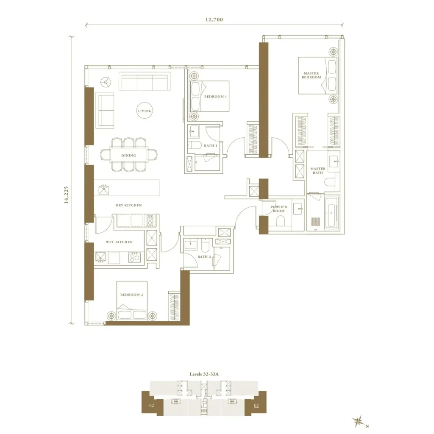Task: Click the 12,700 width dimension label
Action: pyautogui.click(x=214, y=19)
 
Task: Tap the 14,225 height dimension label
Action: pyautogui.click(x=66, y=195)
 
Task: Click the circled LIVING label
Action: pyautogui.click(x=145, y=111)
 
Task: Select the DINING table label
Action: pyautogui.click(x=129, y=156)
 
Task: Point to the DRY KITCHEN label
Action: pyautogui.click(x=129, y=206)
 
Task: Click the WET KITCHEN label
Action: pyautogui.click(x=119, y=242)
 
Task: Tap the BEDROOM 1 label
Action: pyautogui.click(x=215, y=97)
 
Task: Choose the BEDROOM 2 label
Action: pyautogui.click(x=132, y=295)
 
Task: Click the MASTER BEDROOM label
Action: pyautogui.click(x=312, y=75)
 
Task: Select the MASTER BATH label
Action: pyautogui.click(x=318, y=170)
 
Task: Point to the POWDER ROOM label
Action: pyautogui.click(x=279, y=209)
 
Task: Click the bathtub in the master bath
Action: pyautogui.click(x=331, y=213)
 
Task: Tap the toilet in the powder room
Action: pyautogui.click(x=281, y=220)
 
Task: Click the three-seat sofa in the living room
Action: pyautogui.click(x=145, y=81)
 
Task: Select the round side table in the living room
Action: pyautogui.click(x=106, y=82)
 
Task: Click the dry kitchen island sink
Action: pyautogui.click(x=104, y=189)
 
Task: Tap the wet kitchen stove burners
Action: pyautogui.click(x=134, y=257)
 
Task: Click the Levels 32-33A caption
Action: pyautogui.click(x=204, y=374)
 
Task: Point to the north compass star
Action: pyautogui.click(x=358, y=422)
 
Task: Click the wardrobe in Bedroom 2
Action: pyautogui.click(x=174, y=306)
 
